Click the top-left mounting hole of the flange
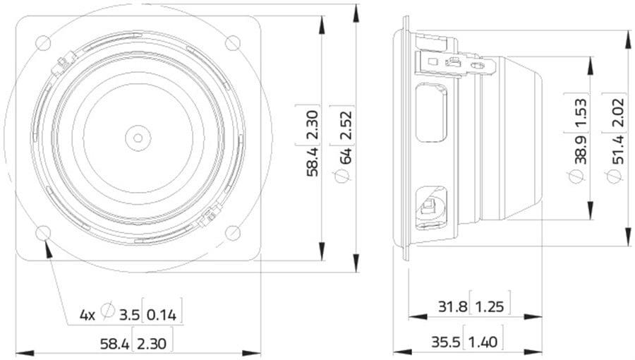[43, 43]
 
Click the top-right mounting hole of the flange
[232, 43]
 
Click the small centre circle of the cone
[138, 138]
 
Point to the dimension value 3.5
[129, 315]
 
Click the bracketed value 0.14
[162, 315]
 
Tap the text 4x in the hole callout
[87, 315]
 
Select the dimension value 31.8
[453, 306]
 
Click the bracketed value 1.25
[489, 306]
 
